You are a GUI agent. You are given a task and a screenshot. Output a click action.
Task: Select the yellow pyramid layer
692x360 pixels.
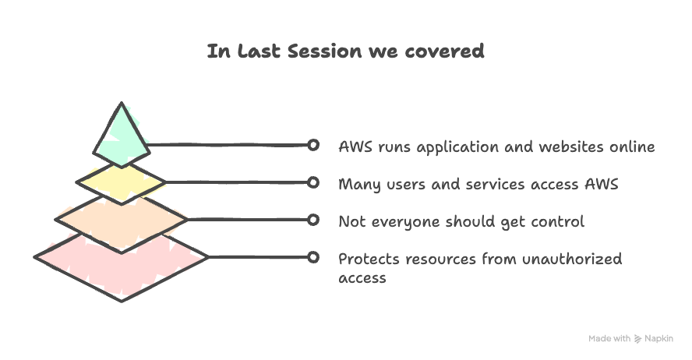click(121, 182)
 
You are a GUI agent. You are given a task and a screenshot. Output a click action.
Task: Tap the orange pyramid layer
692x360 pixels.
click(121, 221)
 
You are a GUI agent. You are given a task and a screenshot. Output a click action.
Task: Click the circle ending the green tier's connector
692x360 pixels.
click(312, 145)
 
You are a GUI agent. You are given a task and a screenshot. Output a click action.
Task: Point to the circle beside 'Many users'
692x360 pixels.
click(312, 182)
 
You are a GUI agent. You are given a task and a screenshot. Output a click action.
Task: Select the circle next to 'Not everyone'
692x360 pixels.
click(312, 221)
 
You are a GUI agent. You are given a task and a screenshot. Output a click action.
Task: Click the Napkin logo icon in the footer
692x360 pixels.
click(637, 339)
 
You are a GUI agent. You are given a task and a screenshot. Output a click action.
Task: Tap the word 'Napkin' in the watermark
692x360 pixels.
click(659, 339)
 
